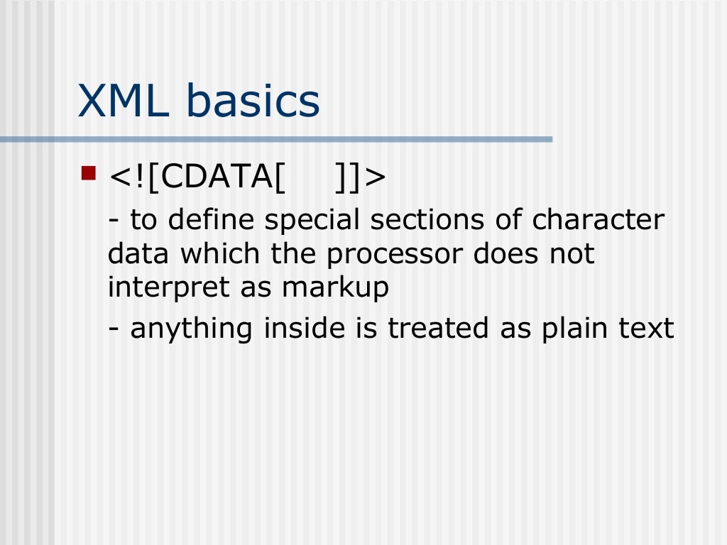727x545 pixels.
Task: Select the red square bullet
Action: point(89,172)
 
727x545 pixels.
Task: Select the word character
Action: point(598,220)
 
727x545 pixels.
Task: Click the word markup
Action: point(335,288)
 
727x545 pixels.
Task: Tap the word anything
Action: point(192,329)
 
